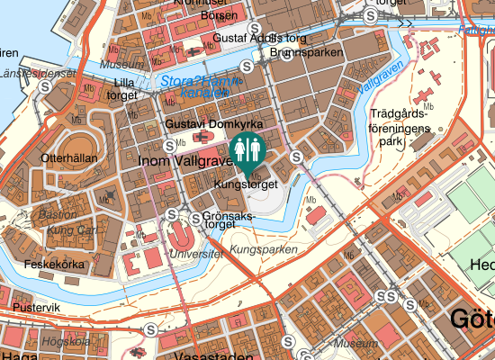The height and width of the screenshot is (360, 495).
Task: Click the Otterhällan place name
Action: [68, 157]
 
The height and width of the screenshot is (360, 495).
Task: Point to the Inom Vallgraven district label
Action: [184, 159]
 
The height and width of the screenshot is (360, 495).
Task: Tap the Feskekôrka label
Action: [54, 265]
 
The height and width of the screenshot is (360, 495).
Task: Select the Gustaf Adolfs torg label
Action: [260, 39]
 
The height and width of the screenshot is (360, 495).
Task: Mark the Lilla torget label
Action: [121, 88]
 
